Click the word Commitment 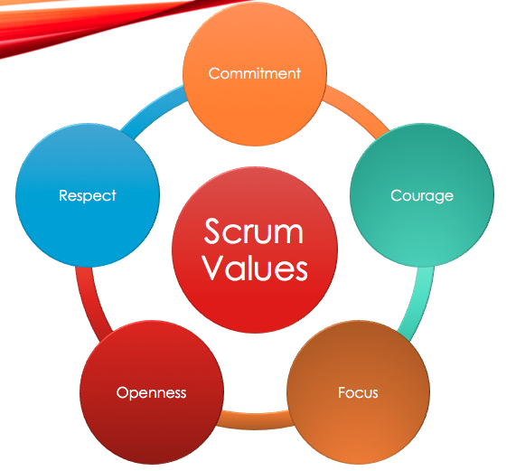[x=255, y=73]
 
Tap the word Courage [x=422, y=196]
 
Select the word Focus [x=358, y=392]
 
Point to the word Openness [x=151, y=393]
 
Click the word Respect [x=88, y=196]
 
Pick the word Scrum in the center [x=253, y=231]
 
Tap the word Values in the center [x=255, y=268]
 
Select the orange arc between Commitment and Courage [x=358, y=108]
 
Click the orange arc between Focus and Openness [x=255, y=419]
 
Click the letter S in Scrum [x=214, y=231]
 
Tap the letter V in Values [x=214, y=268]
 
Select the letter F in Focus [x=342, y=392]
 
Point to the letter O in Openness [x=122, y=392]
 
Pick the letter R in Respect [x=64, y=195]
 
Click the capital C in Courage [x=396, y=195]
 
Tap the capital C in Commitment [x=214, y=73]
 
